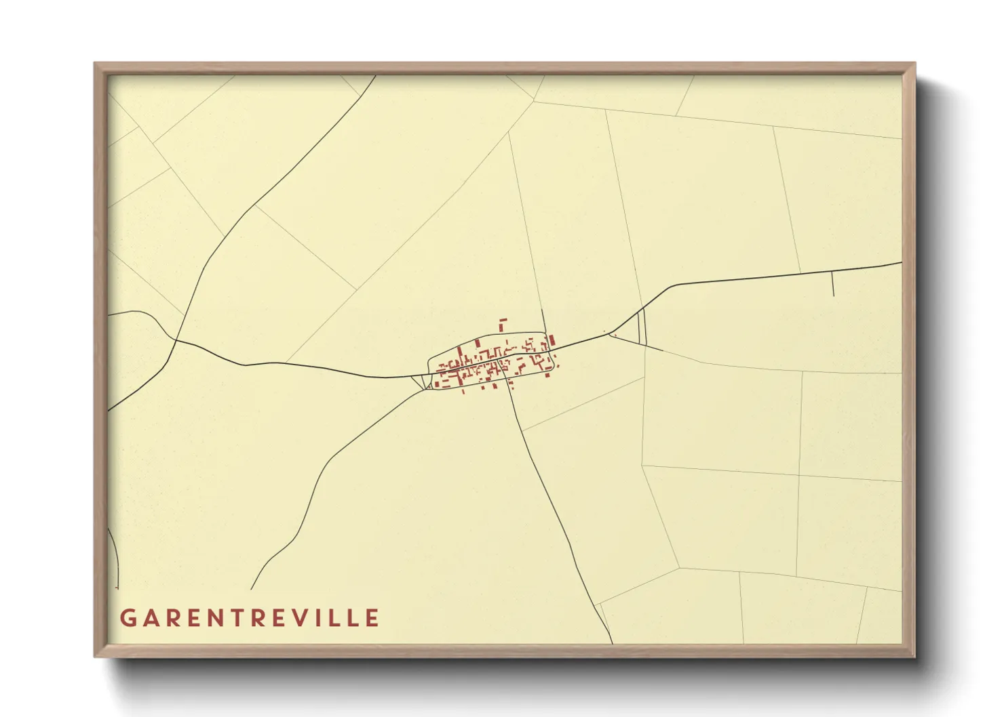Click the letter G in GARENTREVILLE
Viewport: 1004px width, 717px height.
coord(128,618)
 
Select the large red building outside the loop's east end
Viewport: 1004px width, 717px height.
coord(552,340)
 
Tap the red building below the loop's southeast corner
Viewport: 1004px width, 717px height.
coord(547,374)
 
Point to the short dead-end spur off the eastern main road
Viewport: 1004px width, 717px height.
coord(832,284)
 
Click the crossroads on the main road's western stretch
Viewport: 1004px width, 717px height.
coord(176,339)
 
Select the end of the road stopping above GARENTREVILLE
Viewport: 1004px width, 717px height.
coord(252,588)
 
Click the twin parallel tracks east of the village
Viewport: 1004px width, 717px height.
coord(642,327)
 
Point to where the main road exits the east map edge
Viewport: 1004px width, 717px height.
coord(900,262)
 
